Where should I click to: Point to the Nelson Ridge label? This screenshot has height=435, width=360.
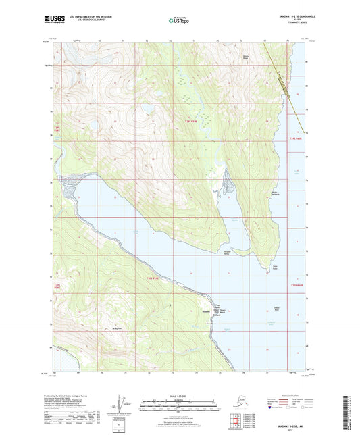tap(246, 56)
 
